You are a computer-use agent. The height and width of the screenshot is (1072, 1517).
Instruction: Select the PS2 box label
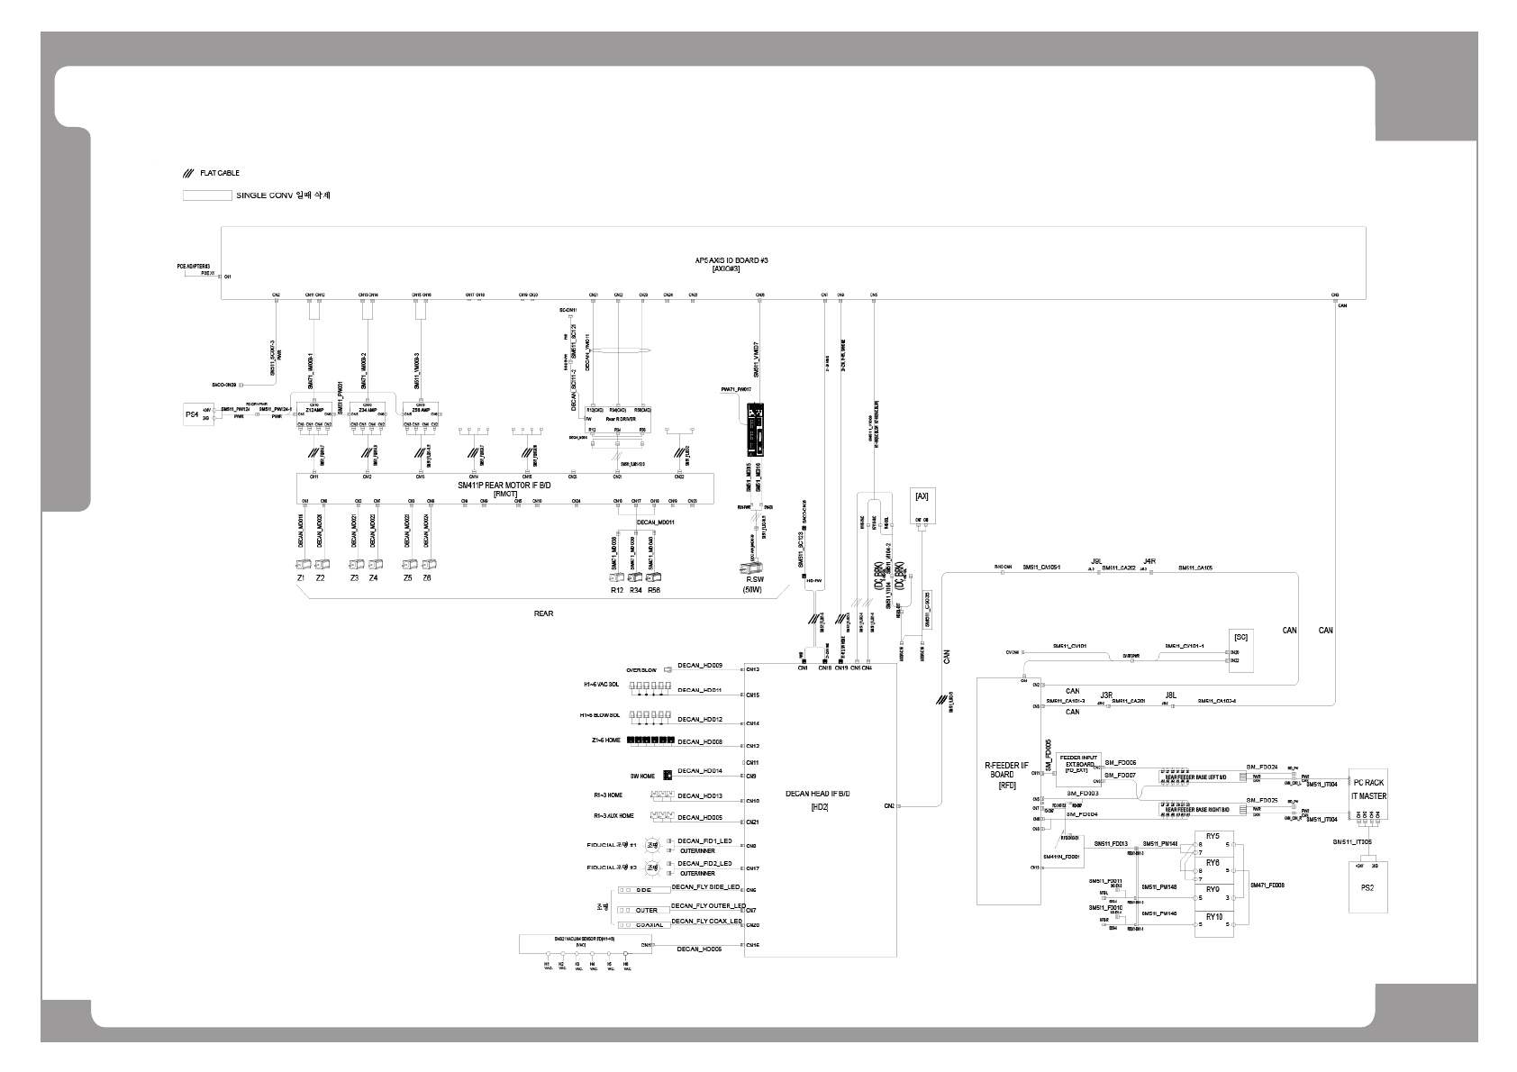pos(1367,888)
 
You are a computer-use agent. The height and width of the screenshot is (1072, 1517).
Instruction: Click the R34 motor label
pos(635,590)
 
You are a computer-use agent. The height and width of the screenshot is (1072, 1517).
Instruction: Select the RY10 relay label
pos(1213,917)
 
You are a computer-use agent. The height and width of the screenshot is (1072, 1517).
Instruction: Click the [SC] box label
pos(1240,637)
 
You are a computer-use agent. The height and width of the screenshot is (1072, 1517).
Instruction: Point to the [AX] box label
pos(922,496)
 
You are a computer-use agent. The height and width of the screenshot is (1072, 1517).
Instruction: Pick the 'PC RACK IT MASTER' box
pos(1368,790)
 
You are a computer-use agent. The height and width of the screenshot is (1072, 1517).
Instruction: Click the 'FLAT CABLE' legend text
pos(220,173)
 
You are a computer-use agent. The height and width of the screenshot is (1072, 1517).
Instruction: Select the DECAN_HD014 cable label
pos(700,771)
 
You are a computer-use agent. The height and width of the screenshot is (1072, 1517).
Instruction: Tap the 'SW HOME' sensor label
pos(641,775)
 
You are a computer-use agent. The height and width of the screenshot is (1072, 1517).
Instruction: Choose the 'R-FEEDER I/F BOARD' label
pos(1006,774)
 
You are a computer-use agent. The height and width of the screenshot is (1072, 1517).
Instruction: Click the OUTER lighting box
pos(646,910)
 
